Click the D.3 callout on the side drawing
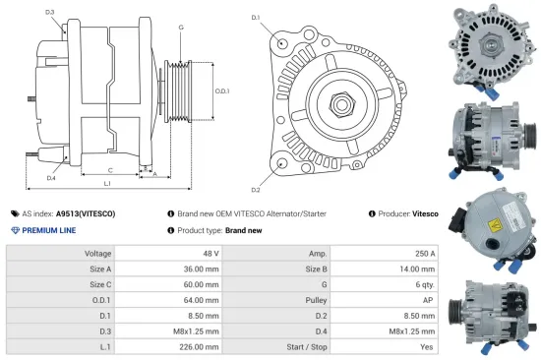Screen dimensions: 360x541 [x=49, y=12]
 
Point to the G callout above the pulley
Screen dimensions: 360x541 [x=180, y=27]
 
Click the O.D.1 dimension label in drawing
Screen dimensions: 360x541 [x=222, y=91]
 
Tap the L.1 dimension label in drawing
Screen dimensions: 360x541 [x=106, y=183]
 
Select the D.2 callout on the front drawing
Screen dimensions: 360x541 [x=256, y=189]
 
